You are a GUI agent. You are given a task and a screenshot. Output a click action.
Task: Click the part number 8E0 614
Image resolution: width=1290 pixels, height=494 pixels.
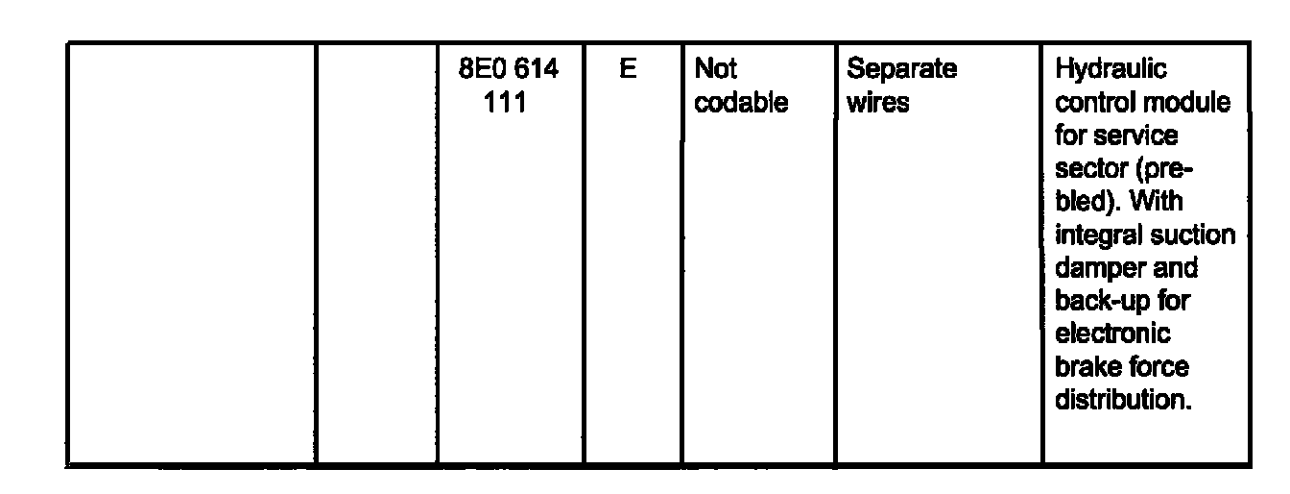click(x=510, y=70)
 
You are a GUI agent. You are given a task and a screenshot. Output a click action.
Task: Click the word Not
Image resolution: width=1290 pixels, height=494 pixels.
click(x=715, y=70)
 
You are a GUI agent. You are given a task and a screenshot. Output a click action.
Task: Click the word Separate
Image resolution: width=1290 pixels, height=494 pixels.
click(x=901, y=70)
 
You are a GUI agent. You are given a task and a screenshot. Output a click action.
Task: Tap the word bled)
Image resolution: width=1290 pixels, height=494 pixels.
click(x=1086, y=203)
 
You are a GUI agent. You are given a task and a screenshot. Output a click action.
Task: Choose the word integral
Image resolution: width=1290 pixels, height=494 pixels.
click(x=1095, y=235)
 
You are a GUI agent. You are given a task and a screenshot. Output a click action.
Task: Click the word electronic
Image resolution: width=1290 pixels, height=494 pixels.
click(x=1112, y=333)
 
